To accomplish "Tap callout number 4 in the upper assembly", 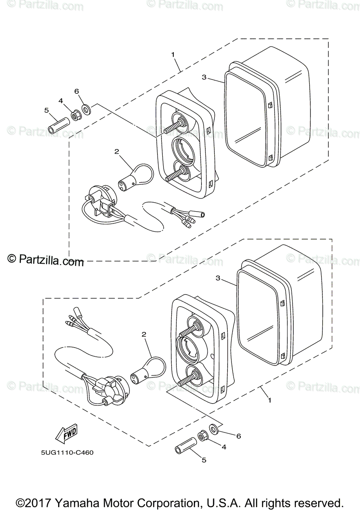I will [61, 101].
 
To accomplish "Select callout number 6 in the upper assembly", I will [77, 91].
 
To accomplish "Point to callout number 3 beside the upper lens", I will [204, 77].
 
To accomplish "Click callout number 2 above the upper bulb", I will [116, 151].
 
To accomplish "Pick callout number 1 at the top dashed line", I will [173, 55].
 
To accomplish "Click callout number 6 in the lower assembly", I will [239, 436].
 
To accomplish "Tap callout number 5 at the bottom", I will [204, 460].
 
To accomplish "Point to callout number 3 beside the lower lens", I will [218, 278].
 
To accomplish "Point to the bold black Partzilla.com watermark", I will [46, 260].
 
